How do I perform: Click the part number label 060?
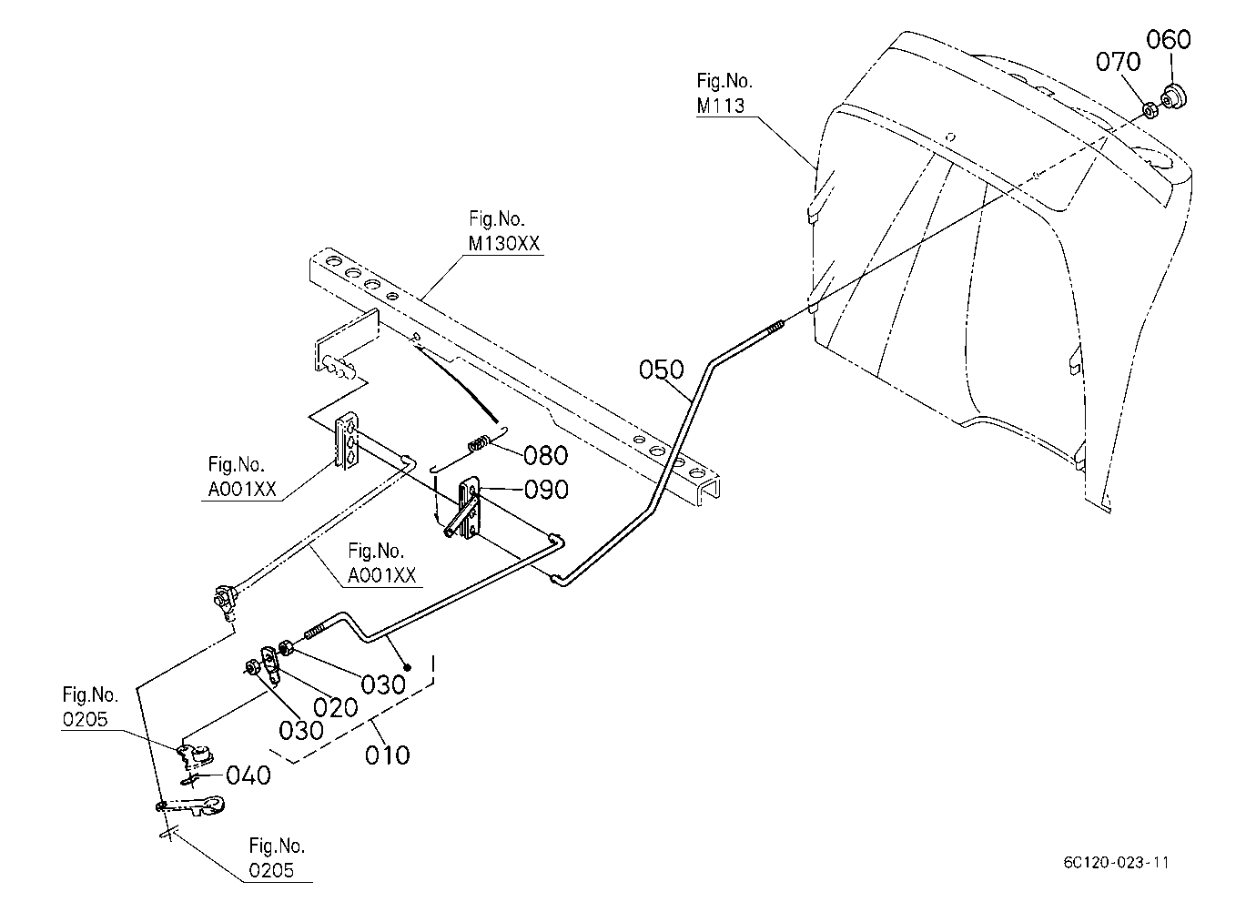click(1168, 40)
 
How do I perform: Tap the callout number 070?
click(1118, 62)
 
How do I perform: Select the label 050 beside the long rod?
click(662, 370)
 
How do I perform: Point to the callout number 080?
click(545, 455)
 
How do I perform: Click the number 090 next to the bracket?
click(546, 490)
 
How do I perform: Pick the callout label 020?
click(335, 708)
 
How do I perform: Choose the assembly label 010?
click(388, 755)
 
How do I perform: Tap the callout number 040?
click(248, 775)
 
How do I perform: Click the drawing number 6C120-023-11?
click(1117, 863)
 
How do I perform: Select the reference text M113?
click(721, 106)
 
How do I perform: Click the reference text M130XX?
click(503, 243)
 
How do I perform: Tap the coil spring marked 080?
click(479, 443)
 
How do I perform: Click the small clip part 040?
click(189, 779)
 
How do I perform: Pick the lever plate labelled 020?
click(269, 664)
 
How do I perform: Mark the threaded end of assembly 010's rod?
click(316, 631)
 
